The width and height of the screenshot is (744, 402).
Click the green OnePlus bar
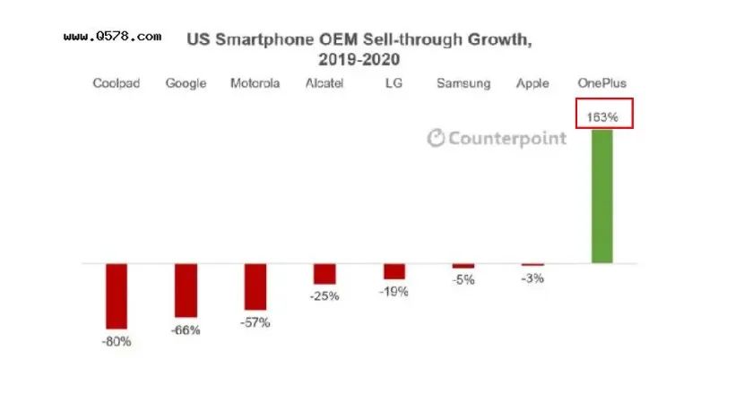tap(601, 196)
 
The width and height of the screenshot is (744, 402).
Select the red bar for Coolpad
tap(117, 296)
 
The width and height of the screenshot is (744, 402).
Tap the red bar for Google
tap(186, 291)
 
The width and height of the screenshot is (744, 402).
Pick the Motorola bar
tap(255, 287)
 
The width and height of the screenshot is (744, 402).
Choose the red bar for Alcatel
tap(324, 274)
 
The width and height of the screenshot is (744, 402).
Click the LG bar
tap(394, 271)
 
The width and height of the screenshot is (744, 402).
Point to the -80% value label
tap(117, 341)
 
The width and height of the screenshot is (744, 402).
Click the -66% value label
tap(186, 330)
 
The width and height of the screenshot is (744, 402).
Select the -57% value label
tap(255, 322)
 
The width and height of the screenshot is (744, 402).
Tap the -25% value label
tap(324, 296)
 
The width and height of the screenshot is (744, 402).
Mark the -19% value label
tap(394, 292)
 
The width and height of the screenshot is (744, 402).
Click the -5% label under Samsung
tap(463, 279)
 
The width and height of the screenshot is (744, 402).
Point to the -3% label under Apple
tap(532, 278)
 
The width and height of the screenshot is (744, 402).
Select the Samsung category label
tap(463, 83)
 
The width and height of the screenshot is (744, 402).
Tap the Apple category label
tap(532, 83)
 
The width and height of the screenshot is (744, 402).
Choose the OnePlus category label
tap(601, 83)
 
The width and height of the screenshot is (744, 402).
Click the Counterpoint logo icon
tap(437, 138)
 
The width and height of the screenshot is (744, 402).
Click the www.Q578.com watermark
tap(113, 37)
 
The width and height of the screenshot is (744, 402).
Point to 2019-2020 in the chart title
tap(359, 59)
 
